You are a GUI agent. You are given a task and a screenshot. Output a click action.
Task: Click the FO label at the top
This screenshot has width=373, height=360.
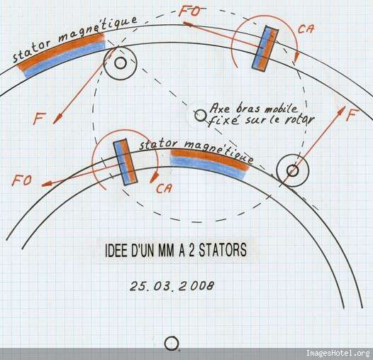[x=189, y=11]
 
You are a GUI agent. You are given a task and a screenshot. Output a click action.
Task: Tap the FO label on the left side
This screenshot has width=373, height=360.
[x=21, y=180]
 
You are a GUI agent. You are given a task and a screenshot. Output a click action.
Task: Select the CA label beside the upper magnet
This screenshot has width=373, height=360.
[x=306, y=29]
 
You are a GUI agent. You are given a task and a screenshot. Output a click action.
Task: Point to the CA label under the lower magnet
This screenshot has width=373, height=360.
[x=164, y=188]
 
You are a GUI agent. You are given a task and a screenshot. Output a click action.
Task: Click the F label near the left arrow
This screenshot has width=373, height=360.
[x=39, y=119]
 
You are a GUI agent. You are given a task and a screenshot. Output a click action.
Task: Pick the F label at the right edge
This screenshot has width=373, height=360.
[x=352, y=114]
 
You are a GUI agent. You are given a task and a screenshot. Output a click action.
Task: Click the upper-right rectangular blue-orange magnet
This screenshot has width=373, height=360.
[x=265, y=48]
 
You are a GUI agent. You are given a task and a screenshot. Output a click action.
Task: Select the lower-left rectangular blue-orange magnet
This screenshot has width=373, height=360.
[x=125, y=162]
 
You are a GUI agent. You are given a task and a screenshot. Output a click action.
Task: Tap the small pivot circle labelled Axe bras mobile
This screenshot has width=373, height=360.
[x=200, y=116]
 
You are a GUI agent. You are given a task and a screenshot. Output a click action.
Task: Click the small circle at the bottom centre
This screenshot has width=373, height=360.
[x=172, y=343]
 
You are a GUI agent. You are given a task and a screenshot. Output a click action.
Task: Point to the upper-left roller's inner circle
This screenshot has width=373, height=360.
[x=121, y=63]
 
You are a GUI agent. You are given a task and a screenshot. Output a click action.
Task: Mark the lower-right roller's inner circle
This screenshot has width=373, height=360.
[x=292, y=170]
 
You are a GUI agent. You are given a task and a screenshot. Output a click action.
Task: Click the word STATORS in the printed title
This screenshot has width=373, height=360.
[x=223, y=250]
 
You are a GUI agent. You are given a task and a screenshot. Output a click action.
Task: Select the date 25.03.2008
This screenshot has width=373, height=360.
[x=172, y=285]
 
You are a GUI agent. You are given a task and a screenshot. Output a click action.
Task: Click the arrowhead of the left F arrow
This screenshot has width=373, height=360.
[x=57, y=119]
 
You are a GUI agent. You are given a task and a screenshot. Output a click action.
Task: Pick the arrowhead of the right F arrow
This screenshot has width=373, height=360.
[x=342, y=111]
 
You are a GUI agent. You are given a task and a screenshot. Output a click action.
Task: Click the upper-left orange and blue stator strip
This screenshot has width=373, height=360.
[x=62, y=55]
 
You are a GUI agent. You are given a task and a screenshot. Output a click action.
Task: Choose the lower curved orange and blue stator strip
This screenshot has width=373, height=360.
[x=209, y=163]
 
